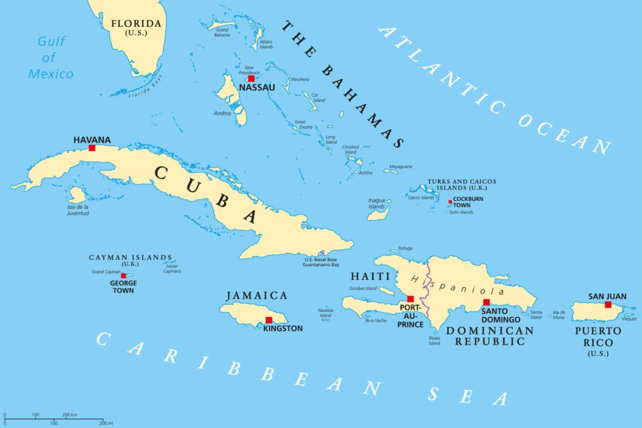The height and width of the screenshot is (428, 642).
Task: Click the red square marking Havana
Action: point(92,148)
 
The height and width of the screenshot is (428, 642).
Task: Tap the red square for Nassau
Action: point(251,78)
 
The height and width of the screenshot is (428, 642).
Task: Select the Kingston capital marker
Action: point(268,320)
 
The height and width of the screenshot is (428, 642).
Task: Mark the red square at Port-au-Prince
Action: point(411,299)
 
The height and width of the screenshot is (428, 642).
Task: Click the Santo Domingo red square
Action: point(486,302)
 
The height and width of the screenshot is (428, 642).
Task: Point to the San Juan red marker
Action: point(608,304)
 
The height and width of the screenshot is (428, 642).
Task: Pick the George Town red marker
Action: point(124,276)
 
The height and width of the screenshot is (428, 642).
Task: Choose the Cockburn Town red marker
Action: point(450,202)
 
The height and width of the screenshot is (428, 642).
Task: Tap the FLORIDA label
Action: point(136,24)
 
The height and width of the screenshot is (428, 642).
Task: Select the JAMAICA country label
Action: point(258,295)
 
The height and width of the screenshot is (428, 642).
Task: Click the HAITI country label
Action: point(372,276)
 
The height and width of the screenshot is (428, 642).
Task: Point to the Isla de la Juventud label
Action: point(78,210)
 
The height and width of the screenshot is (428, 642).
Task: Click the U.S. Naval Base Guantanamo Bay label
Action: point(325,262)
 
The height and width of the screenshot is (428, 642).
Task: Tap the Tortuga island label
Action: point(404,248)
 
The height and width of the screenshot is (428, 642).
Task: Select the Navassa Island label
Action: point(325,313)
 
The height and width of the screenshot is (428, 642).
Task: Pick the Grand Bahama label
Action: point(222,32)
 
